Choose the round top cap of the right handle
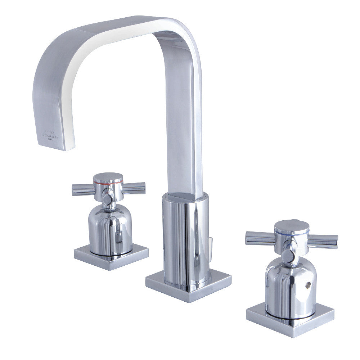tap(292, 225)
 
